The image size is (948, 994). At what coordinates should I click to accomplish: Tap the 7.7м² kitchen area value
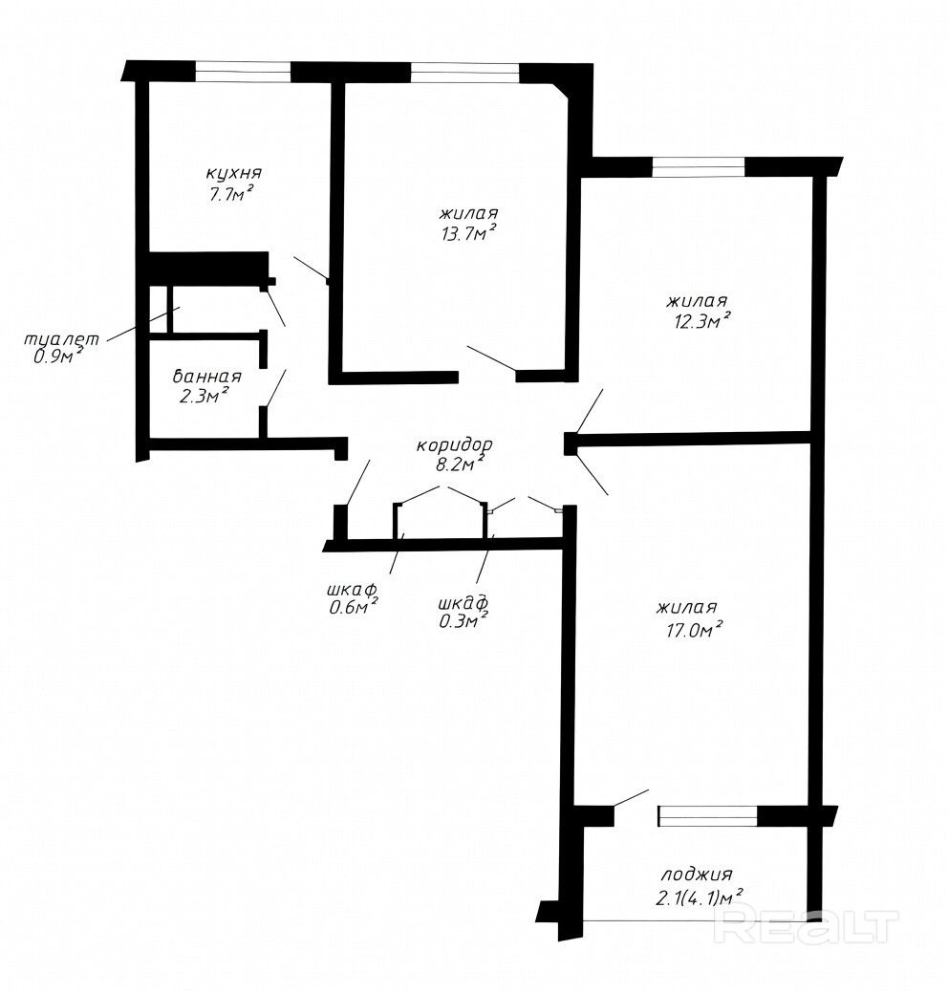(x=232, y=193)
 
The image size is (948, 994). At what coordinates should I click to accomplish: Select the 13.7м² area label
(x=468, y=232)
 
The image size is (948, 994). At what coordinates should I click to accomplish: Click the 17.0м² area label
(x=691, y=630)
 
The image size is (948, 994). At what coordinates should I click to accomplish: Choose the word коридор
(x=454, y=445)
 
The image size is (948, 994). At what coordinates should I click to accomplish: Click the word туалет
(x=61, y=339)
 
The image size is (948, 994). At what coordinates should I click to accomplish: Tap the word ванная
(x=207, y=377)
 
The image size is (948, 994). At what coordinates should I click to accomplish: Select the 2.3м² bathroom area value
(x=204, y=396)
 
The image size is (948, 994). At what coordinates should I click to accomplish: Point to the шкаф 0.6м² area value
(x=354, y=607)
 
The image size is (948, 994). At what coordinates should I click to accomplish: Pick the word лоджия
(x=697, y=875)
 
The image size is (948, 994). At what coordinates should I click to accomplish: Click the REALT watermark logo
(x=806, y=926)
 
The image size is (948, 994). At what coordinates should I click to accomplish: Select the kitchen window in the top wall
(x=243, y=72)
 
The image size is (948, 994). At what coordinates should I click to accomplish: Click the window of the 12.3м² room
(x=699, y=166)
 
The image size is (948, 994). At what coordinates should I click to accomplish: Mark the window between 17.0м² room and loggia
(x=708, y=816)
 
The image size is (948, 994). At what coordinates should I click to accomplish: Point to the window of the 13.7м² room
(x=465, y=73)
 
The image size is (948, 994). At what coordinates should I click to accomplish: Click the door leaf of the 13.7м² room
(x=492, y=358)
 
